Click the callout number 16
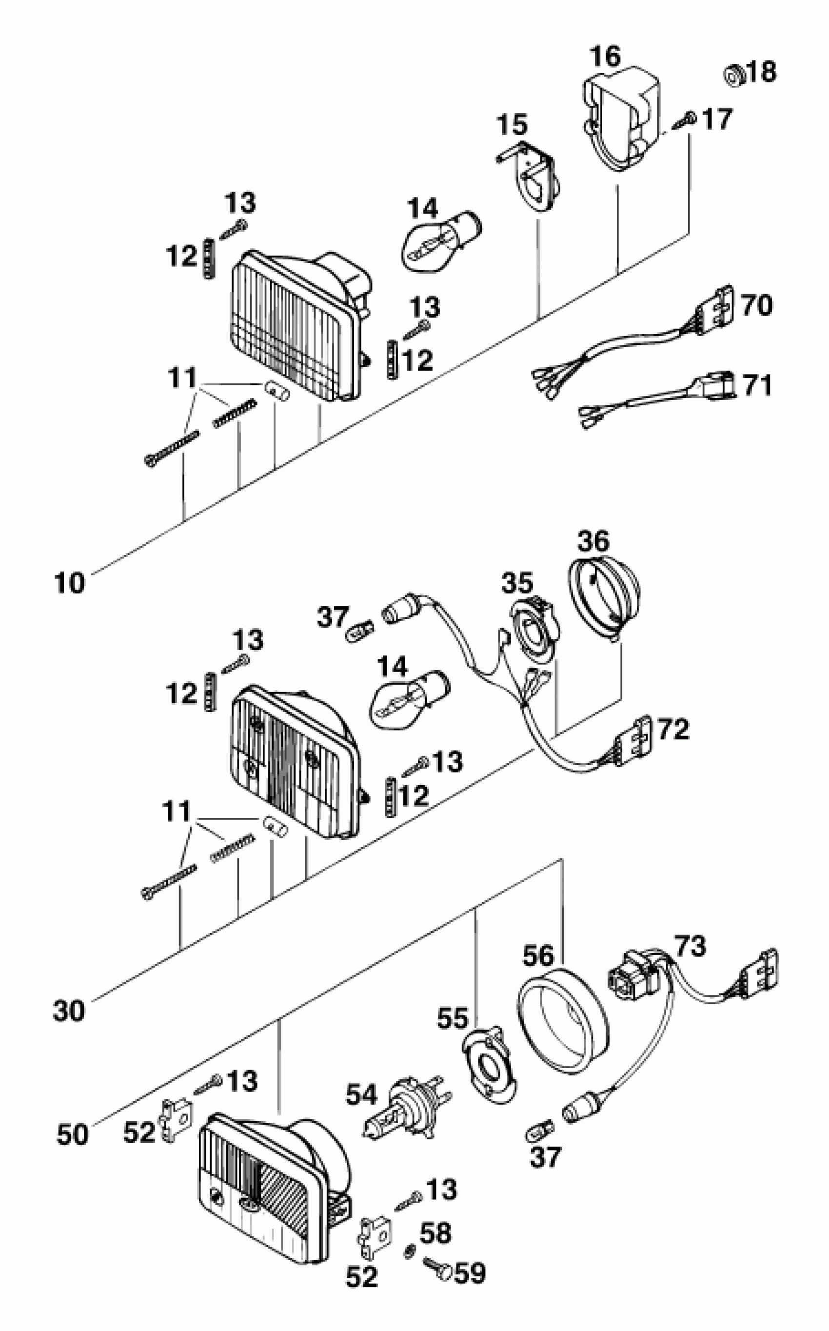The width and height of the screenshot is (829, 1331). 605,57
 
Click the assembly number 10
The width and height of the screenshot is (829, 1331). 70,583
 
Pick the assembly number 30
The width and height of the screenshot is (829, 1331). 69,1010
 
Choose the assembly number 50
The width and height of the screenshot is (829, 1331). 72,1134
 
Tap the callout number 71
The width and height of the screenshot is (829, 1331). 757,385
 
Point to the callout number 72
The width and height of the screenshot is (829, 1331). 673,730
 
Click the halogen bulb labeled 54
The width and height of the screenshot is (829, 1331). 405,1106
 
